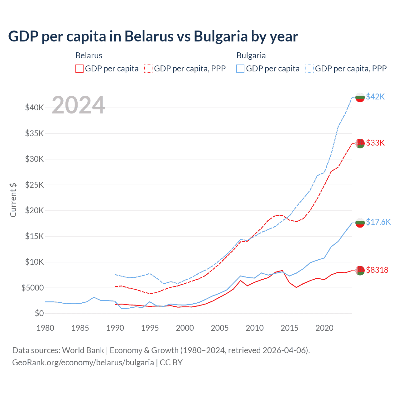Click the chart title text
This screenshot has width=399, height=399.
(x=153, y=36)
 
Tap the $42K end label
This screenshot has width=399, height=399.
(x=375, y=97)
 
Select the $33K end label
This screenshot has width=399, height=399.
(x=375, y=143)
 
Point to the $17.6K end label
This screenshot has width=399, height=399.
(x=378, y=222)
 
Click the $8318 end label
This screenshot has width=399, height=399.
(x=377, y=270)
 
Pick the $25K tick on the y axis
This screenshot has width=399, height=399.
(x=35, y=185)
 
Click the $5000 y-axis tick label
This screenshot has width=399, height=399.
(x=33, y=288)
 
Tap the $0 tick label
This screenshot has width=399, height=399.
(x=39, y=313)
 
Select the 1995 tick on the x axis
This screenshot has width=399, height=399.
(x=150, y=328)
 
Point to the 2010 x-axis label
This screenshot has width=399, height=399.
(x=255, y=328)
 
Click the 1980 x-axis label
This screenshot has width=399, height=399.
(x=46, y=328)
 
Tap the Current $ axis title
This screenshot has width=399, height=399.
(x=13, y=200)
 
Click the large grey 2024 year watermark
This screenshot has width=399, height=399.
(x=78, y=105)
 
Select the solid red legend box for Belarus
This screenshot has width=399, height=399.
(x=79, y=69)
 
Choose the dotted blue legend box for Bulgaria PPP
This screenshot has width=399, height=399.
(x=310, y=69)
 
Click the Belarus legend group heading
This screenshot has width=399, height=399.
(x=89, y=55)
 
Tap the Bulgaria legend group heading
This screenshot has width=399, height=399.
(x=251, y=55)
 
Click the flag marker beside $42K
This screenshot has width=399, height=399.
(x=360, y=97)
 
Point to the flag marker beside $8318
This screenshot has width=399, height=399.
(x=360, y=271)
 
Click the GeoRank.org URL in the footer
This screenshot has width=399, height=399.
(x=83, y=363)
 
